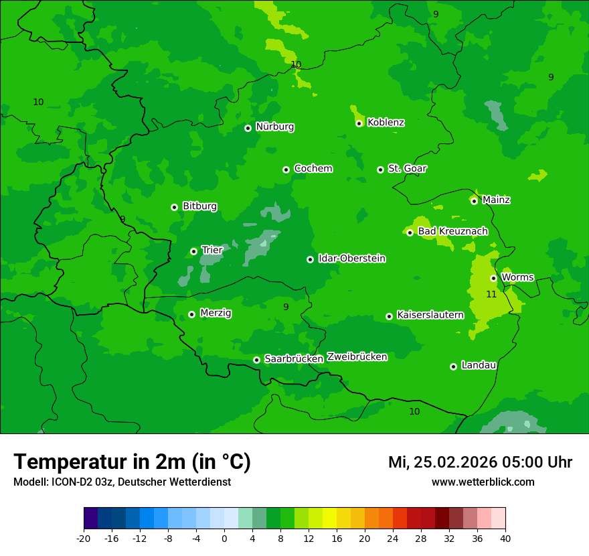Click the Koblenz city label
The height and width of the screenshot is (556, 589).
pos(386,123)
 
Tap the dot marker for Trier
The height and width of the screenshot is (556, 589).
pos(193,251)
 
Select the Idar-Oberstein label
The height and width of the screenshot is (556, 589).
pos(352,259)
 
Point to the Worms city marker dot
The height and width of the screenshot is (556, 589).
pos(493,278)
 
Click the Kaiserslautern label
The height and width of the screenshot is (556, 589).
pos(430,315)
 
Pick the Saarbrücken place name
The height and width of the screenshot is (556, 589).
pos(294,359)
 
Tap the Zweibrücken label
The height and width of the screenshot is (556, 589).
pos(357,357)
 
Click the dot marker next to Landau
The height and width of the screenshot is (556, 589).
pos(453,366)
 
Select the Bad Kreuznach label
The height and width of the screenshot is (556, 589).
pos(452,232)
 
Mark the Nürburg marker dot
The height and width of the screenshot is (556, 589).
pos(248,128)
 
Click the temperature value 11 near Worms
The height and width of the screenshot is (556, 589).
pos(491,294)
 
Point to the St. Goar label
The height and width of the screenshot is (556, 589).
pos(407,169)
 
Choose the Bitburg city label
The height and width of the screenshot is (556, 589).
pos(199,206)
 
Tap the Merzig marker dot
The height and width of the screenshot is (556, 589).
pos(191,314)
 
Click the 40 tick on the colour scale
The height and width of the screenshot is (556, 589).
pos(505,538)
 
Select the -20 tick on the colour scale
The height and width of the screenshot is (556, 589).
pos(84,538)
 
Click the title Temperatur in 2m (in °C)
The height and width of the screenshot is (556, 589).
pos(132,462)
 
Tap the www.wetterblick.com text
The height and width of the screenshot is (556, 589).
pos(483,482)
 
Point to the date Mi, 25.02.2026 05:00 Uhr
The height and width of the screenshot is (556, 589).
pos(480,462)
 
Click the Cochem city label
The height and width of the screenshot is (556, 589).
pos(313,169)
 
